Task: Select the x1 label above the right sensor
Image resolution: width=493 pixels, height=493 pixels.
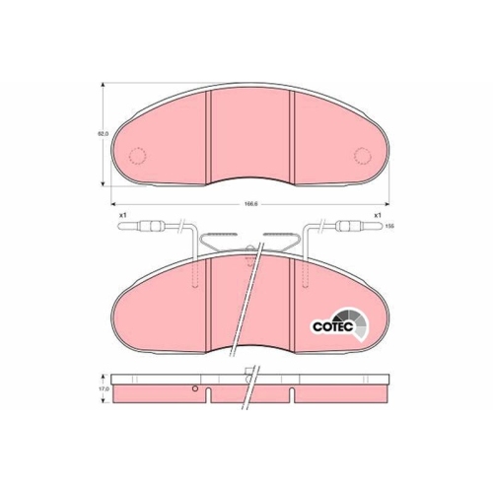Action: point(376,216)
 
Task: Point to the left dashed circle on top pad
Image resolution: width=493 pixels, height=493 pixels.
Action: point(138,155)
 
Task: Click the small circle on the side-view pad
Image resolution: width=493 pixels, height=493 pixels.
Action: point(195,388)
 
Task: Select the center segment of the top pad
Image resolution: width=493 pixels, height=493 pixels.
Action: point(251,133)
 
